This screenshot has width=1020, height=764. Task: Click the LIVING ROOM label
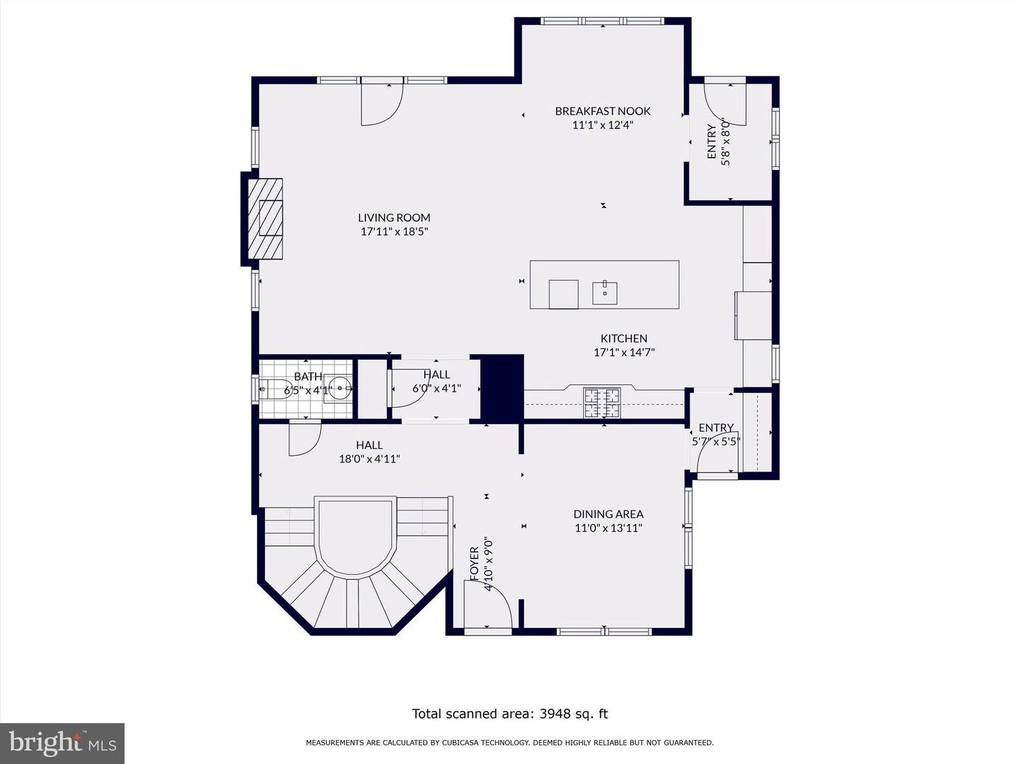point(394,217)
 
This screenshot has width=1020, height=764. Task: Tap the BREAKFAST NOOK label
point(603,111)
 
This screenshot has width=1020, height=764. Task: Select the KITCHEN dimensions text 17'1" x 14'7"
point(624,353)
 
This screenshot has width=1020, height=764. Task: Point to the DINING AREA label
point(608,514)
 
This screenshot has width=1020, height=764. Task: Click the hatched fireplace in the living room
point(265,219)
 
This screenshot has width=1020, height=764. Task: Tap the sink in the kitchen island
point(605,293)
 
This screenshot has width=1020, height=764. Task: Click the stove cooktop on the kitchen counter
point(602,403)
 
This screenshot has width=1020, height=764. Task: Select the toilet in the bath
point(273,388)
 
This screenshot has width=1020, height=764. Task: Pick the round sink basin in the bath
point(341,387)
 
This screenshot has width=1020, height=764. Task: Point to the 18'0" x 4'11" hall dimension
point(370,460)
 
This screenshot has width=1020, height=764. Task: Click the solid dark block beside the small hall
point(502,389)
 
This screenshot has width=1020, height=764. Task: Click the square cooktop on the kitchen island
point(564,295)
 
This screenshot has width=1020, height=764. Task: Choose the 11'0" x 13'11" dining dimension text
point(608,528)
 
